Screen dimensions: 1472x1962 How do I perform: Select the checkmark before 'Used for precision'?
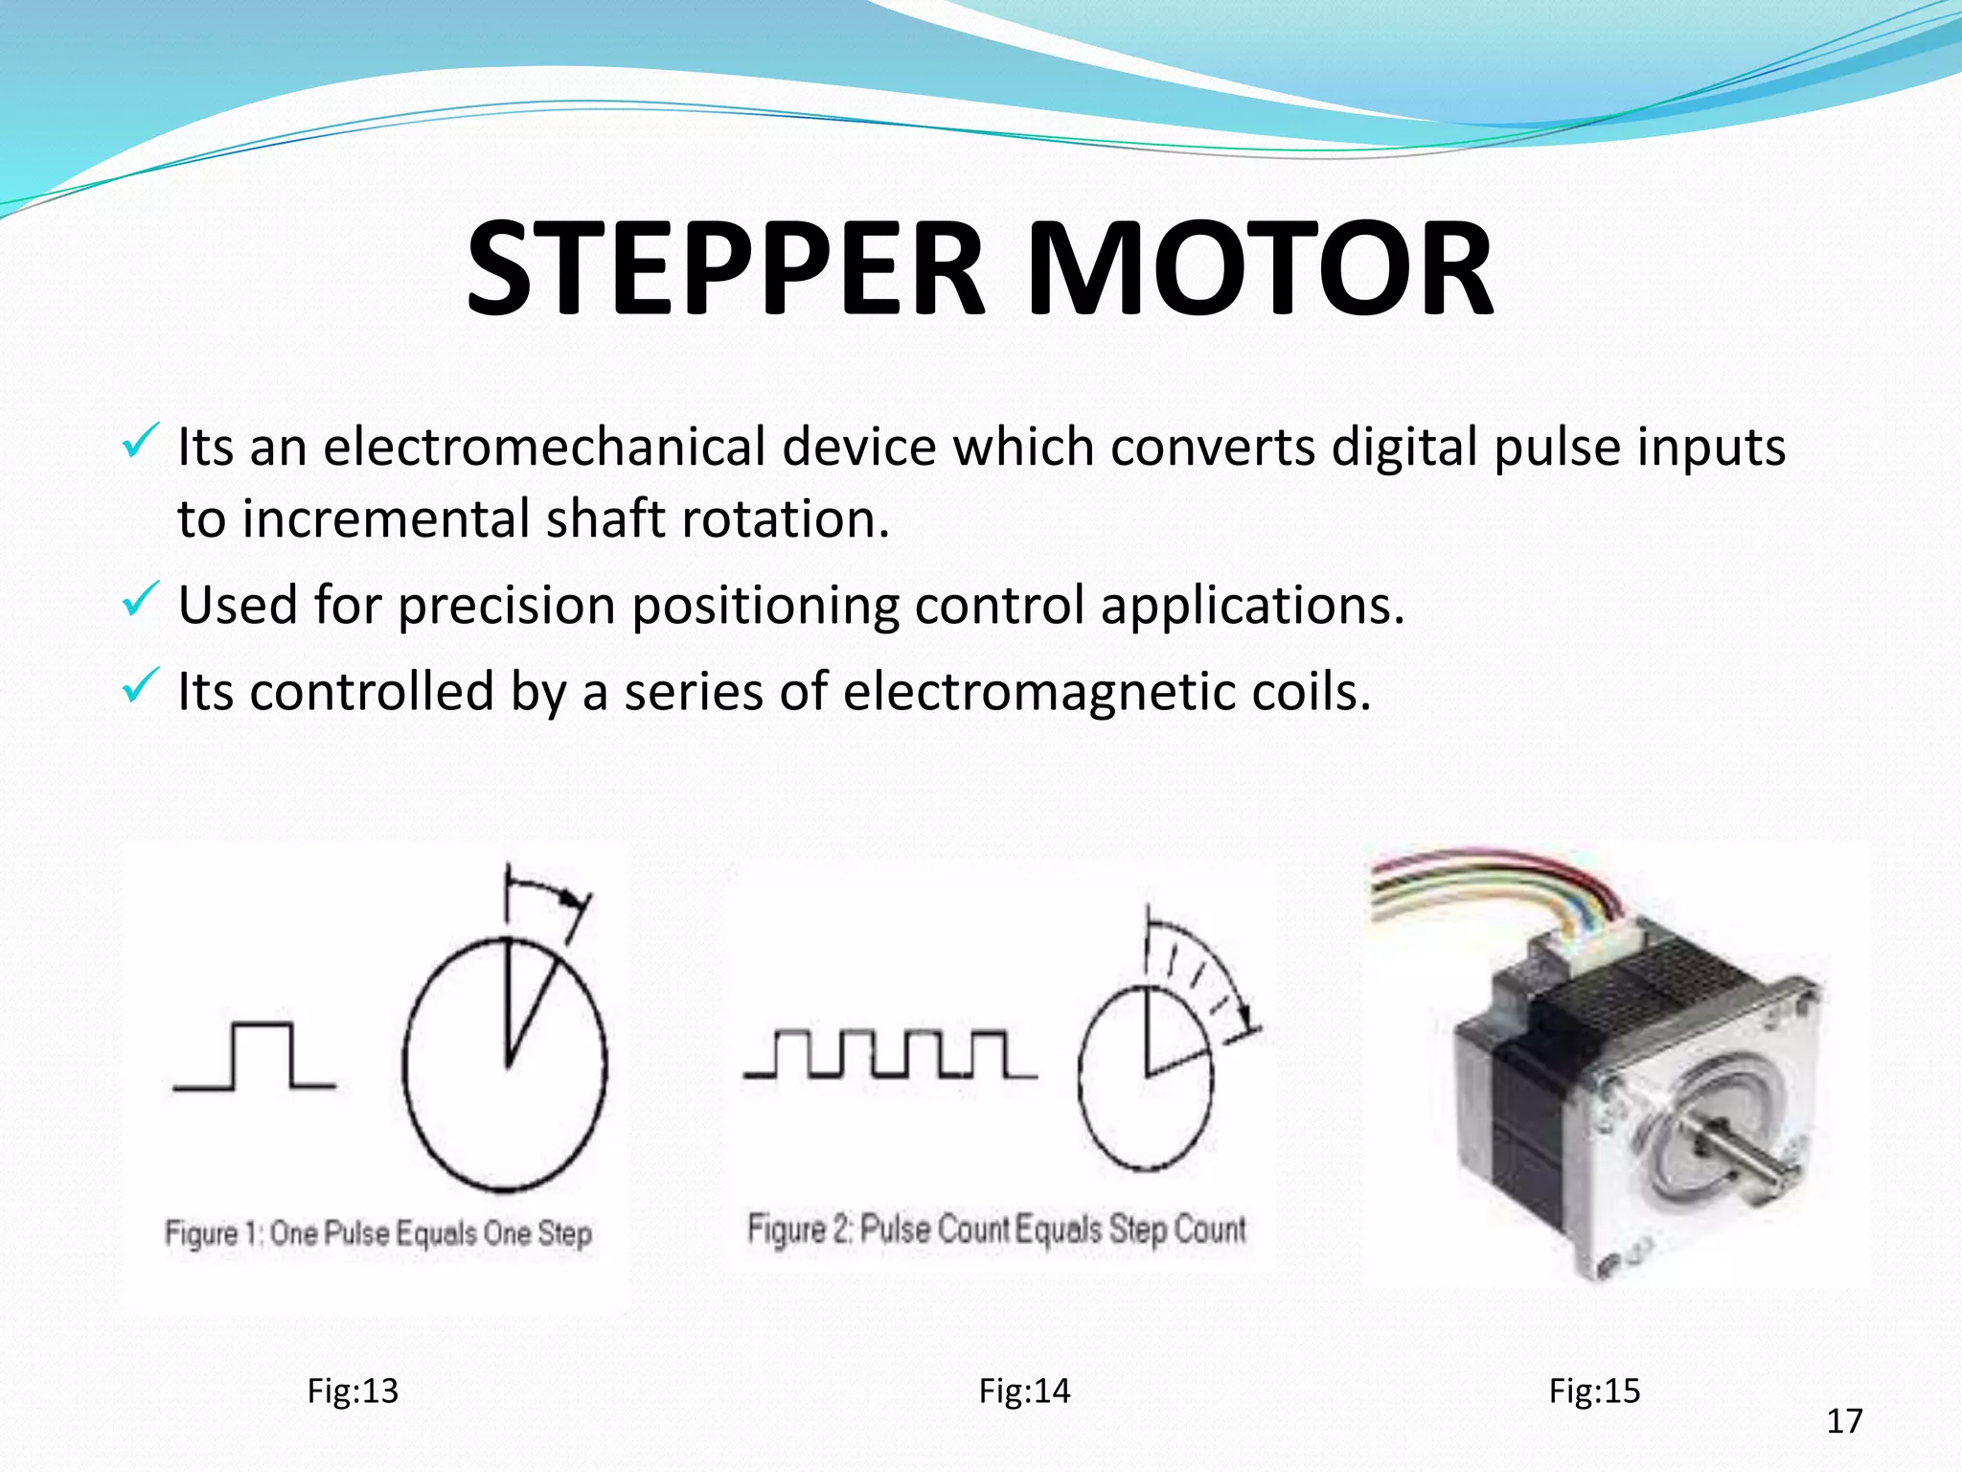(140, 601)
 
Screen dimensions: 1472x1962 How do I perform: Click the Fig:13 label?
(352, 1391)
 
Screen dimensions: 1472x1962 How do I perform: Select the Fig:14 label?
(1024, 1391)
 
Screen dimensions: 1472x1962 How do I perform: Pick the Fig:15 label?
(1594, 1391)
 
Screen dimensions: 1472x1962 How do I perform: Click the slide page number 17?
(1844, 1421)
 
